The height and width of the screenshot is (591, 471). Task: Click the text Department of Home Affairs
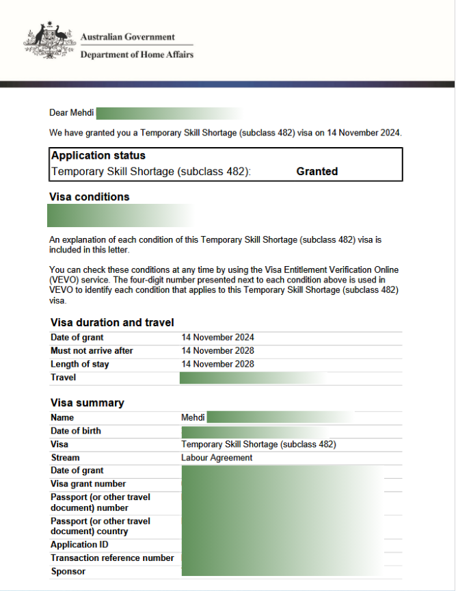click(137, 55)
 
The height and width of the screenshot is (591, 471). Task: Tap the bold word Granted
click(317, 172)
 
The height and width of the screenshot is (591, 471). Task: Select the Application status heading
click(98, 156)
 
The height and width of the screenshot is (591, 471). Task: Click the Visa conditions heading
click(90, 197)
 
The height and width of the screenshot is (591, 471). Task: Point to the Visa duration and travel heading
click(112, 323)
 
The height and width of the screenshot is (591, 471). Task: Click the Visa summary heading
click(88, 403)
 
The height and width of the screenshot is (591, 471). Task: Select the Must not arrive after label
click(92, 351)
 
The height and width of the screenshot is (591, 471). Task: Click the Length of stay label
click(80, 365)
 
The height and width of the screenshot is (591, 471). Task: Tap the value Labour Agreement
click(217, 458)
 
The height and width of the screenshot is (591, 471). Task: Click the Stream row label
click(65, 458)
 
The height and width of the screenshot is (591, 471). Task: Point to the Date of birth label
click(76, 431)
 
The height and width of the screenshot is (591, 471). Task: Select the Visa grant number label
click(88, 484)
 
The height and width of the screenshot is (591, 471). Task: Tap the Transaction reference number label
click(112, 558)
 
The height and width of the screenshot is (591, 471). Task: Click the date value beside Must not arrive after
click(217, 351)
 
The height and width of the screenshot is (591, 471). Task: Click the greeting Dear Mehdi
click(72, 113)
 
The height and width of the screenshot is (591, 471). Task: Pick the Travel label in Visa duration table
click(64, 378)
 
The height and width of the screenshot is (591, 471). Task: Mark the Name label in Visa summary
click(62, 417)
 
